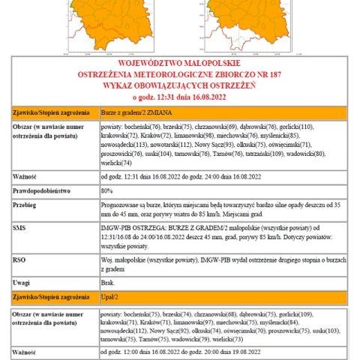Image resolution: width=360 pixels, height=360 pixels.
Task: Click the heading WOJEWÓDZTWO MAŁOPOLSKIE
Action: [180, 65]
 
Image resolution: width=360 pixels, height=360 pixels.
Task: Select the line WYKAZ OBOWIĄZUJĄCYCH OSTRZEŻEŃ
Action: [180, 85]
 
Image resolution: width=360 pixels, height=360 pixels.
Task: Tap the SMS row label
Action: [19, 226]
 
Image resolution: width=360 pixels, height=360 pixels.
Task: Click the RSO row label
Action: [19, 258]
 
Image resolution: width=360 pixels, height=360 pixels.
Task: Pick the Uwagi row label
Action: [22, 283]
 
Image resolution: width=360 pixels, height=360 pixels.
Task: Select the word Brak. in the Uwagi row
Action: [107, 283]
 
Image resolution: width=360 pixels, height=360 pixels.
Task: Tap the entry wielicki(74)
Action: [116, 163]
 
